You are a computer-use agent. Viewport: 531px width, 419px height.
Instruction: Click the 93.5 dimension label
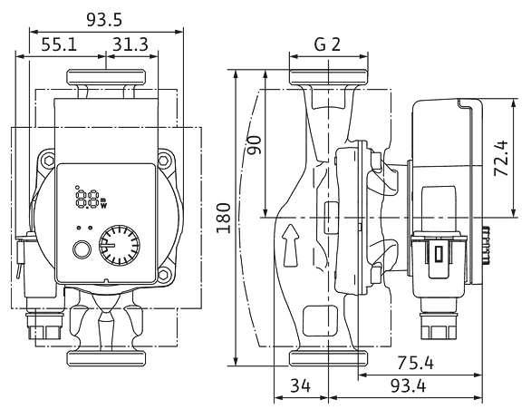(x=104, y=20)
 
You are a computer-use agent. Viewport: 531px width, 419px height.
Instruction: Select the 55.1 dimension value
(x=59, y=44)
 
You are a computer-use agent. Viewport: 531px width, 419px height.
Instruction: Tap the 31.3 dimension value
(x=130, y=44)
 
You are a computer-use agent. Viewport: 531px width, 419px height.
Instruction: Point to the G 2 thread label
(x=327, y=44)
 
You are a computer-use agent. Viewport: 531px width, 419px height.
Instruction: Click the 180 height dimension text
(x=224, y=218)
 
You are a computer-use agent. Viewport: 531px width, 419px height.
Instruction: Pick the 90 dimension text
(x=255, y=145)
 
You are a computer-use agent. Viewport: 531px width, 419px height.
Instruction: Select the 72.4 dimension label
(x=501, y=158)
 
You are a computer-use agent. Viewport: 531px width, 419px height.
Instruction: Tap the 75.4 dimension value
(x=415, y=363)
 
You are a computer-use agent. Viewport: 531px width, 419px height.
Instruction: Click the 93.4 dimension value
(x=408, y=385)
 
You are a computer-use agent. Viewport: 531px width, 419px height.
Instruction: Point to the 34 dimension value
(x=300, y=385)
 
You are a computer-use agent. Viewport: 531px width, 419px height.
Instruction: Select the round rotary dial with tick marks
(x=120, y=246)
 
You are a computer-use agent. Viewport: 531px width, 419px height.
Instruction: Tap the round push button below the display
(x=82, y=249)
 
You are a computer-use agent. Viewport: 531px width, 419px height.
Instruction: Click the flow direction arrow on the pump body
(x=290, y=245)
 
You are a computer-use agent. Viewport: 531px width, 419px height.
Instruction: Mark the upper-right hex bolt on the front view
(x=166, y=160)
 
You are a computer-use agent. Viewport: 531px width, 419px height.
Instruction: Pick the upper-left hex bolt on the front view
(x=48, y=160)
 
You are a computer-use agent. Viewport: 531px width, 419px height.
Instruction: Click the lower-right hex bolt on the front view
(x=165, y=273)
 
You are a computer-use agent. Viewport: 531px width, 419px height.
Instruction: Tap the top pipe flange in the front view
(x=106, y=76)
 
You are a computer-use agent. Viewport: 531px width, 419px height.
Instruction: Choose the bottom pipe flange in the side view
(x=329, y=358)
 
